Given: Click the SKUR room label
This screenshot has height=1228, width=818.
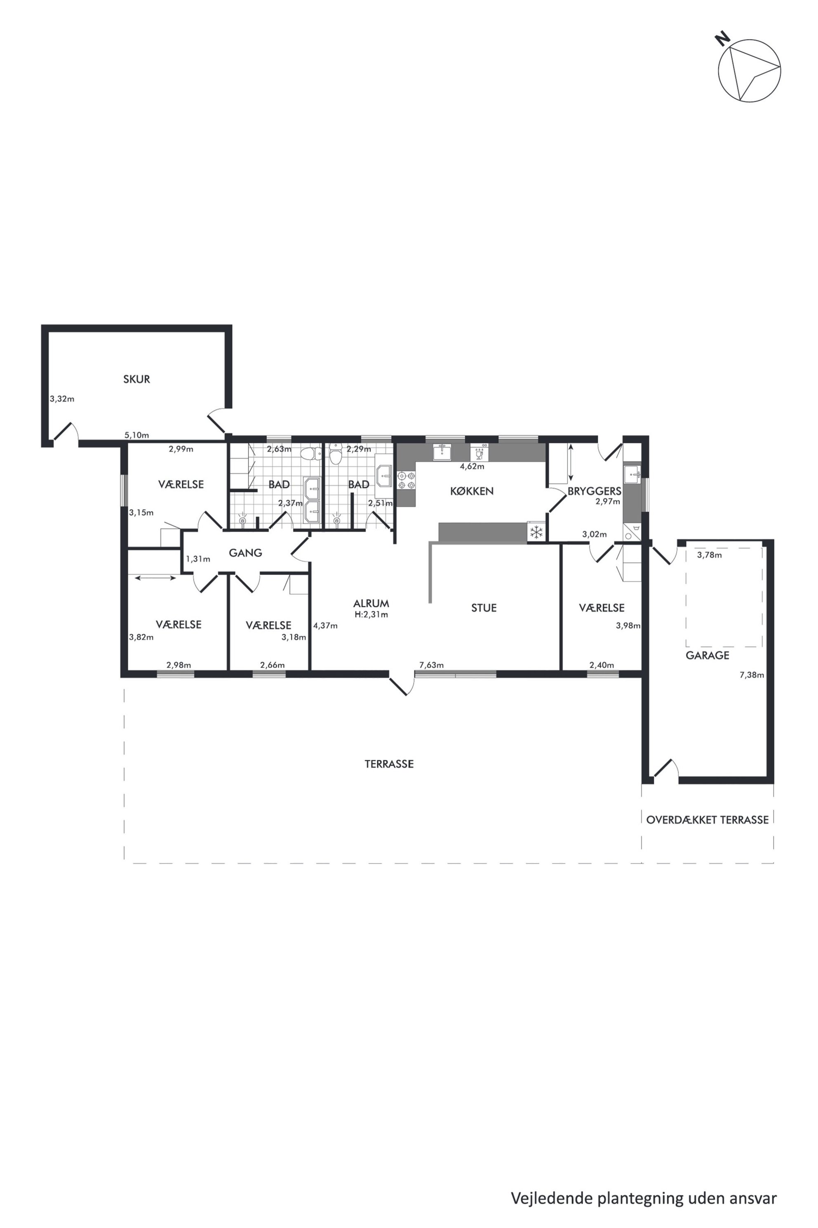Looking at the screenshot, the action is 137,379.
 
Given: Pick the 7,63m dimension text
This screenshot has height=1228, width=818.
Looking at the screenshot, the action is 431,665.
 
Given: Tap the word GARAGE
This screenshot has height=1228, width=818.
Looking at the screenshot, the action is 708,655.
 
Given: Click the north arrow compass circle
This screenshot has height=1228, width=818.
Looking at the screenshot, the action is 750,70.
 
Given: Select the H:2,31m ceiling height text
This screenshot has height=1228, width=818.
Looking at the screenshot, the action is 371,614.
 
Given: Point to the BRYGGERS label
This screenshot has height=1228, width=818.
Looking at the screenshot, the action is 595,491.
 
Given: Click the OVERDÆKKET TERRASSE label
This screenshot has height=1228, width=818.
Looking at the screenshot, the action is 708,820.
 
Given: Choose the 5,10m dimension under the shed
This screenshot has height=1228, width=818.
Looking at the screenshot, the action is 137,435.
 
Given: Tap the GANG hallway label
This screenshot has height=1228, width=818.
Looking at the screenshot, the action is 245,553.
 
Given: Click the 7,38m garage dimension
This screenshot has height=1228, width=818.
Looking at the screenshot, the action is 752,675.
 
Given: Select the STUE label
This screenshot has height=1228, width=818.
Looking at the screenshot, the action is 484,608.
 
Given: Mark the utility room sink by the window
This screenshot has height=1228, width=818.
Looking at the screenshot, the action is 632,475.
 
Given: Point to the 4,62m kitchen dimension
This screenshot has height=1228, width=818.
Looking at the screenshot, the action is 472,466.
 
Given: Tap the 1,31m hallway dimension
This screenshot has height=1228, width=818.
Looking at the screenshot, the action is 198,559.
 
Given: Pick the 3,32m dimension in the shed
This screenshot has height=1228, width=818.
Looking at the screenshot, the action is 62,399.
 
